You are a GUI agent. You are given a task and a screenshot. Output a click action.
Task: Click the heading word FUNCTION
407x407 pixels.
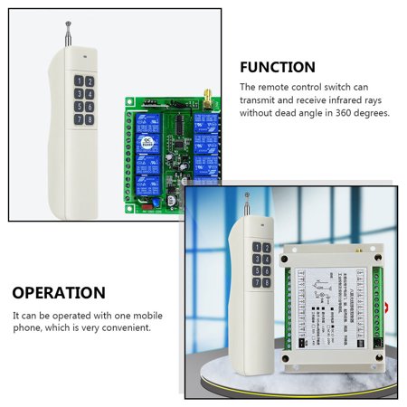[278, 67]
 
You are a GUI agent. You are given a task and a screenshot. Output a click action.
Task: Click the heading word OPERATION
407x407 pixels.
[59, 293]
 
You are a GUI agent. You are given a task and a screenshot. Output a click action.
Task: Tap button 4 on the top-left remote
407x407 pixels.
[90, 93]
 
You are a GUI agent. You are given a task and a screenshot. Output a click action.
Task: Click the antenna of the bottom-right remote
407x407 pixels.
[248, 204]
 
